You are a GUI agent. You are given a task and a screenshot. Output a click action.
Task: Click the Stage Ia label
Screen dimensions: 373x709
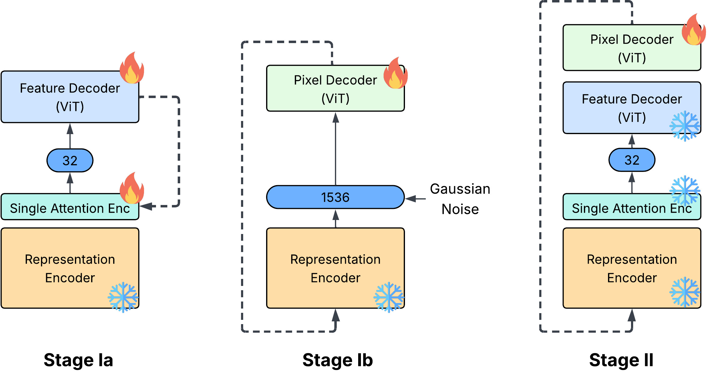click(x=78, y=360)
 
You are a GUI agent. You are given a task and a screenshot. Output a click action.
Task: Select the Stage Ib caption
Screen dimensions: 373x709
click(x=338, y=360)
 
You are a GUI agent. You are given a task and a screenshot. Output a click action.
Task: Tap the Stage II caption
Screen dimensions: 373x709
click(x=621, y=360)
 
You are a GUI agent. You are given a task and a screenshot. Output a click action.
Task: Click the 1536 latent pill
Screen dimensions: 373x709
click(x=335, y=197)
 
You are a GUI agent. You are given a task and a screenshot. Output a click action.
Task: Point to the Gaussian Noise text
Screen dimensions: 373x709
click(x=460, y=199)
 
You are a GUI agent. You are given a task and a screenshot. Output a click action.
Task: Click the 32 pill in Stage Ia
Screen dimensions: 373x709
click(x=70, y=161)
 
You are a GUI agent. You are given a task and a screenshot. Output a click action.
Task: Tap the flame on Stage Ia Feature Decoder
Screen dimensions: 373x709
click(x=132, y=68)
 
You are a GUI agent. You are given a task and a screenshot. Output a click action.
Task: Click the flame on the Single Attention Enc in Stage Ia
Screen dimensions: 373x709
click(x=132, y=188)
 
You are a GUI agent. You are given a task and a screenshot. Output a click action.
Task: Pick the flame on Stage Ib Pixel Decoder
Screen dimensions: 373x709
click(x=395, y=74)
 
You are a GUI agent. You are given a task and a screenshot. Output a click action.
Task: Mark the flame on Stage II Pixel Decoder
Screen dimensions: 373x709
click(x=694, y=30)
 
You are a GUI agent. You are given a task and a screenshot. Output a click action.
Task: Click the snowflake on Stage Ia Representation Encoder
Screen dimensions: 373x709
click(x=123, y=297)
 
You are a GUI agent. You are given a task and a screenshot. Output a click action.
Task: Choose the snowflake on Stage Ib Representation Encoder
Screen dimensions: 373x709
click(x=389, y=297)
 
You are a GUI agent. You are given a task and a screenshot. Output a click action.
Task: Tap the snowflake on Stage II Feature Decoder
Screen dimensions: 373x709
click(x=685, y=126)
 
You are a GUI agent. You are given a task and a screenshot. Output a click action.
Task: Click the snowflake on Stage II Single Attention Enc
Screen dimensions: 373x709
click(x=685, y=190)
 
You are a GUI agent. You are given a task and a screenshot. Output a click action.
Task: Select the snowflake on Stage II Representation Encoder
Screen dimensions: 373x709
click(x=685, y=292)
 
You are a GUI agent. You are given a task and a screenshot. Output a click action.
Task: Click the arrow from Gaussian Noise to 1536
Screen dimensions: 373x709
click(x=415, y=199)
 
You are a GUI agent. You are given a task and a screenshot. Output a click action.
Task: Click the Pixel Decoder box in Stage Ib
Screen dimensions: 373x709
click(x=335, y=89)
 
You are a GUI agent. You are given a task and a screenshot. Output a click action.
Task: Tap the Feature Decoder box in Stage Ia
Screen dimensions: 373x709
click(x=70, y=97)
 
